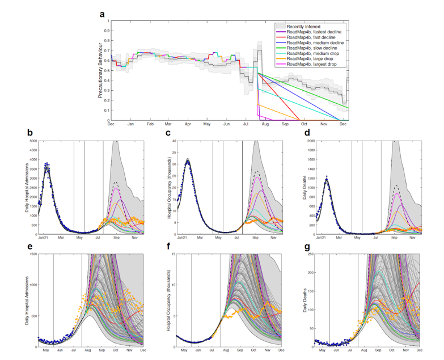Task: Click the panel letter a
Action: pyautogui.click(x=103, y=15)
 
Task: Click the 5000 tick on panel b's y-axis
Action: pyautogui.click(x=32, y=141)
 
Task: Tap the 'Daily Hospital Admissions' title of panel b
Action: pyautogui.click(x=26, y=187)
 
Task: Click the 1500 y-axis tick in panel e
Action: pyautogui.click(x=32, y=254)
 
